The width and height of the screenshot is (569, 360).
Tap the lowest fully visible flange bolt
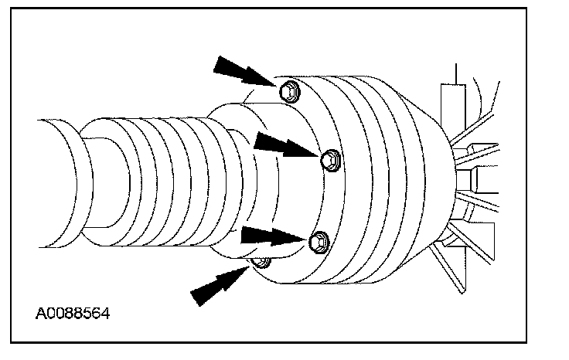318,243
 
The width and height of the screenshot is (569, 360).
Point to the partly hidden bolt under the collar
261,263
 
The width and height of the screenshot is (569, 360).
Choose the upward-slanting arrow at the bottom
219,285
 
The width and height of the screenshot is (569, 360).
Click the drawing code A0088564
73,314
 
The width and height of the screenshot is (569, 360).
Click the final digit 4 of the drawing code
105,314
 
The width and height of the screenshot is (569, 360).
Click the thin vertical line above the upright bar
458,73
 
